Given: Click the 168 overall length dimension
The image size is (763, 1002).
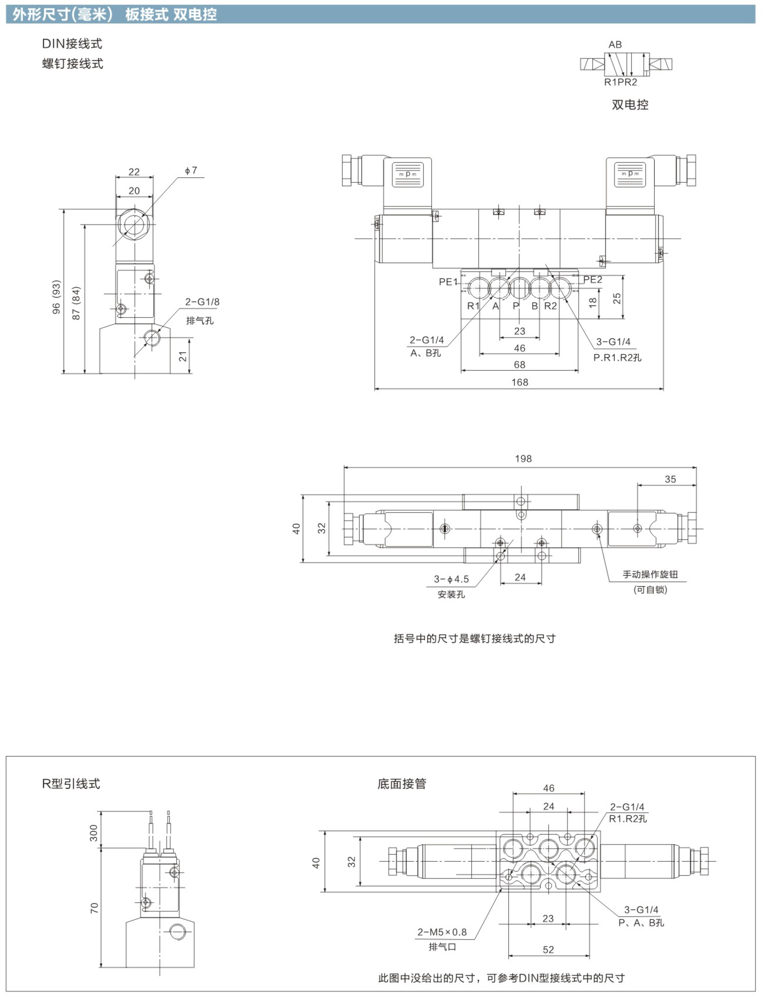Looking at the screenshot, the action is [x=520, y=382].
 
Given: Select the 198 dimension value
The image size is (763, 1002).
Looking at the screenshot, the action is [x=523, y=459].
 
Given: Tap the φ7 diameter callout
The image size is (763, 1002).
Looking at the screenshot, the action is [x=191, y=170].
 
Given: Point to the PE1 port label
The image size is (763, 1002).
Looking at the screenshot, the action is [x=448, y=282].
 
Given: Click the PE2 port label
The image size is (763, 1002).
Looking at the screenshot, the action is [x=593, y=280].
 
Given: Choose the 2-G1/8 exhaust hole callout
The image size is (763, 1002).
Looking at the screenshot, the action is [x=202, y=302].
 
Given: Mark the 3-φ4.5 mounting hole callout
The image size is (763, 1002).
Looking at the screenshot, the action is [x=451, y=579].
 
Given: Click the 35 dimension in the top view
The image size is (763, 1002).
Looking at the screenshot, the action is [x=670, y=479].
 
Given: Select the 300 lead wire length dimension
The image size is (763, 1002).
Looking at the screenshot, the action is [x=93, y=833].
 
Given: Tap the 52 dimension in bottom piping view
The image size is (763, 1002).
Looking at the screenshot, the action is [x=548, y=950].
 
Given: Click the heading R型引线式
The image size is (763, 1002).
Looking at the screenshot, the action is [x=71, y=783].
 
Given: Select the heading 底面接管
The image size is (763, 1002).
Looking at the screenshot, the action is [x=402, y=783].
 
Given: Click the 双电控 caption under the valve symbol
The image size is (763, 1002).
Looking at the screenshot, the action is [x=630, y=105].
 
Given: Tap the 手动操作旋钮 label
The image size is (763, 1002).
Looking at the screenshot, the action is [x=650, y=574].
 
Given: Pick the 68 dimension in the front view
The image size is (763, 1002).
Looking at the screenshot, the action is [x=520, y=364].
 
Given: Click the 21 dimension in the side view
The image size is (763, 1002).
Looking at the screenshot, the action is [x=183, y=356].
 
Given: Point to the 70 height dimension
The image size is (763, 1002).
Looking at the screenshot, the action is [x=94, y=908].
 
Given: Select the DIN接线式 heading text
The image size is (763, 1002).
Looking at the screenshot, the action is [x=72, y=44].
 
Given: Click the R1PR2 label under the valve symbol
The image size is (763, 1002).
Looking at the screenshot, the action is [x=621, y=82].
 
